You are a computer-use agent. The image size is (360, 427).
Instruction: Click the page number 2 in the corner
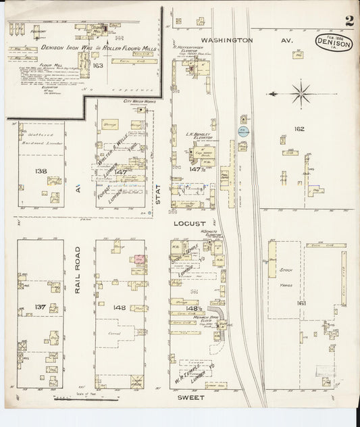click(349, 22)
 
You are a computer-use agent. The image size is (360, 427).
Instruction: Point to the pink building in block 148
click(140, 259)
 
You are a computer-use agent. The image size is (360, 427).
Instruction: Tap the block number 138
click(41, 171)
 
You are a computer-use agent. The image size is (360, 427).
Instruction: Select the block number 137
click(40, 307)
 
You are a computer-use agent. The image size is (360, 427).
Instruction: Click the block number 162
click(299, 128)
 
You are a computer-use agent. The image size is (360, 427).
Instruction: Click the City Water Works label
click(139, 101)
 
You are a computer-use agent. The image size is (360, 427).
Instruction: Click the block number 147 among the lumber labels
click(121, 172)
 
